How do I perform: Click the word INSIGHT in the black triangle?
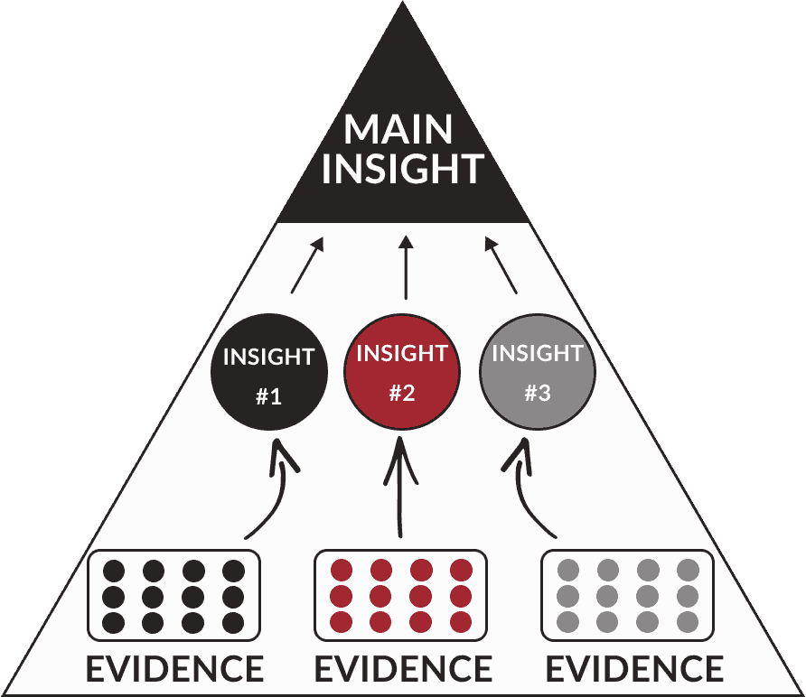tap(402, 169)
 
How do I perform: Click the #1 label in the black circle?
tap(268, 396)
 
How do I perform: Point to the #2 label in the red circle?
tap(402, 393)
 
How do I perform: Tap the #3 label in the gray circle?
tap(538, 395)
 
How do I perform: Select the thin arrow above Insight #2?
tap(405, 267)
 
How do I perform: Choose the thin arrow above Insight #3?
tap(501, 265)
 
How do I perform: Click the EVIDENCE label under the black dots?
tap(174, 669)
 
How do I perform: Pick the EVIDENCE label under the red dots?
tap(403, 669)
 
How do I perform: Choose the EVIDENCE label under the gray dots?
tap(634, 669)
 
